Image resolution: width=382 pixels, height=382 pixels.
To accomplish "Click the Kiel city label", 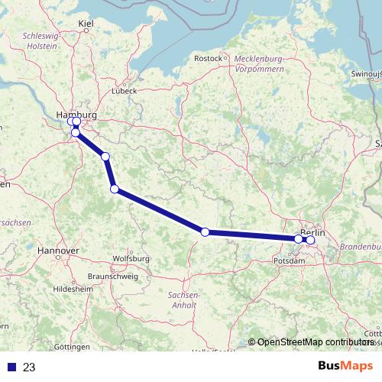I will point(86,25).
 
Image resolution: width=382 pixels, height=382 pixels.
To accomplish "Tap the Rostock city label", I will point(208,58).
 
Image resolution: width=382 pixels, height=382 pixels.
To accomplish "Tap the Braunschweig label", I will point(113,276).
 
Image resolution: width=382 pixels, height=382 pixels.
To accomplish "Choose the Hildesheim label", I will point(71,290).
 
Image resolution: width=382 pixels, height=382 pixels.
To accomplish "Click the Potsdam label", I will point(289,261).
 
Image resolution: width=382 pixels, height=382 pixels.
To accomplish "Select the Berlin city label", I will point(312,232).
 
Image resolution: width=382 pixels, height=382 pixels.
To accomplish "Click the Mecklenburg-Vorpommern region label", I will point(260,63).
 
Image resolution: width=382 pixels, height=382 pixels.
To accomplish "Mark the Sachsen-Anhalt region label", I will point(183,299).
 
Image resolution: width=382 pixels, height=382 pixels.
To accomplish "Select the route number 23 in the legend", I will point(29,367).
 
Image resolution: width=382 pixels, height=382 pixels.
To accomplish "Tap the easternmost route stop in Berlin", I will point(310,240).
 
